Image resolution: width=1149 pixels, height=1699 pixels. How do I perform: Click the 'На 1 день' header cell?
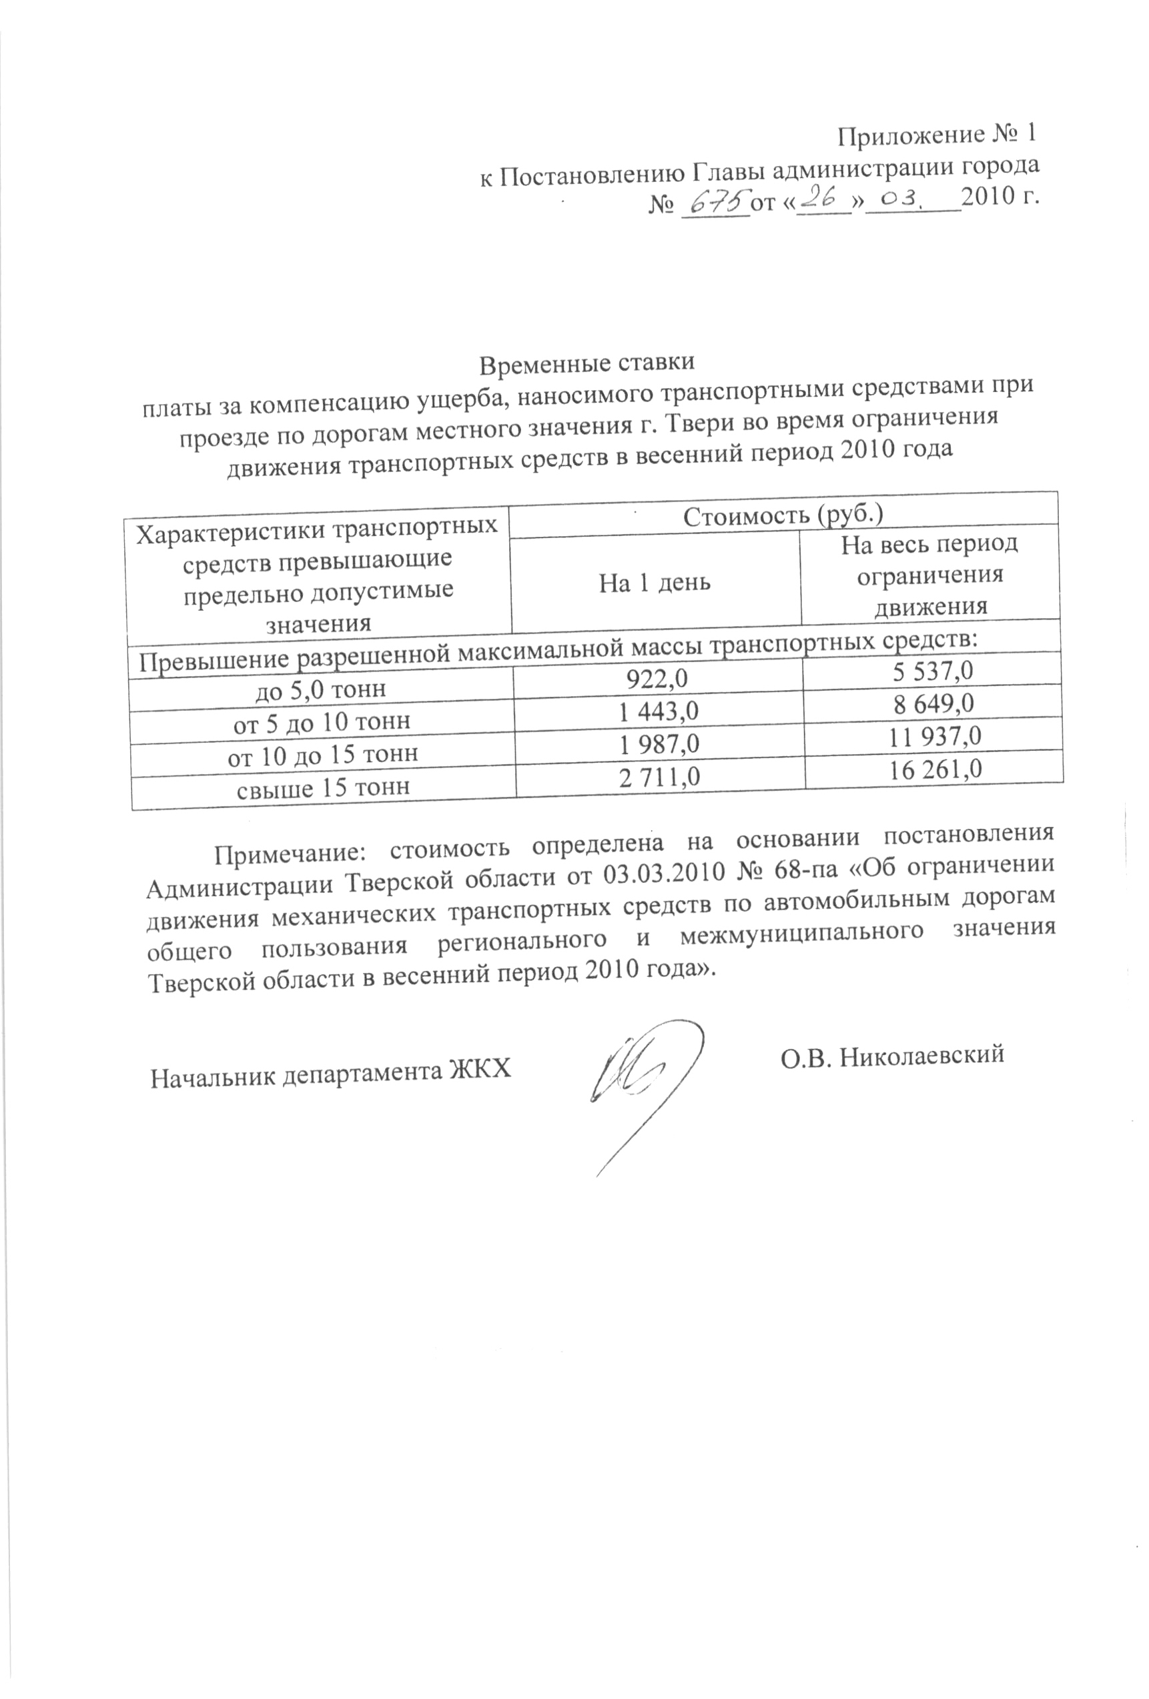655,583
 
